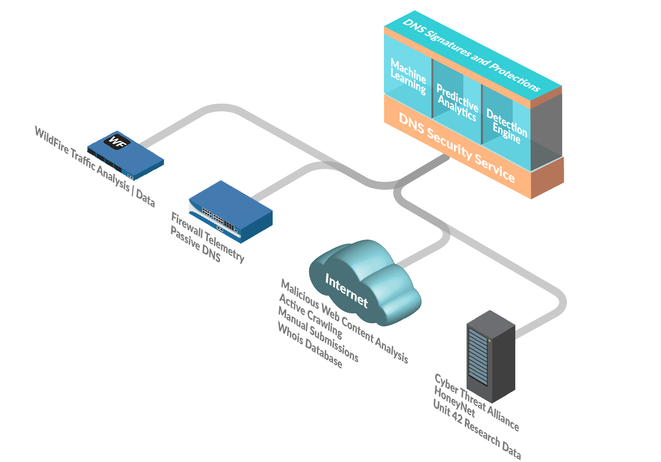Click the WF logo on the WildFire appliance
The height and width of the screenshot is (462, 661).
tap(117, 141)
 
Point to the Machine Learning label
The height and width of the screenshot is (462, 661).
tap(408, 76)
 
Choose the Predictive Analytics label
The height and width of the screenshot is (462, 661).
tap(457, 102)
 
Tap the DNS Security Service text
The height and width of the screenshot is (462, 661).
tap(457, 147)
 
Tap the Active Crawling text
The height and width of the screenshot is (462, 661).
tap(311, 316)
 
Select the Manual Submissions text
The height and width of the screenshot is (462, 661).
tap(318, 334)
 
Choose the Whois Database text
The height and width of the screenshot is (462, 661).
tap(310, 345)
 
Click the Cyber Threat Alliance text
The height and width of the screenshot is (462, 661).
tap(477, 402)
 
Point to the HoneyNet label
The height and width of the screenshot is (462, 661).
tap(454, 402)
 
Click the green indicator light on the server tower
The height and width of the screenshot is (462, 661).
tap(489, 341)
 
